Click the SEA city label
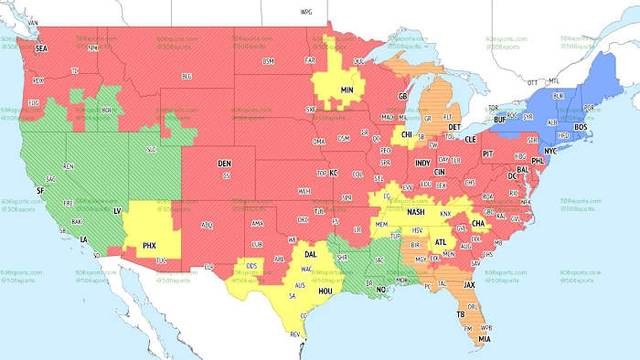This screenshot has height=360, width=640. (40, 48)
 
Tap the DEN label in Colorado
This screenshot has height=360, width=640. (225, 163)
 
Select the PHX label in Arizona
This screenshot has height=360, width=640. (150, 246)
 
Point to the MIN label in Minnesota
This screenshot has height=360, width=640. (347, 90)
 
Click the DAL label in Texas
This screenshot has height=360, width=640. (310, 254)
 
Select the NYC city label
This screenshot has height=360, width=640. (551, 149)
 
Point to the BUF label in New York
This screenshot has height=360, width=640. (499, 120)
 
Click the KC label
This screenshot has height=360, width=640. (335, 173)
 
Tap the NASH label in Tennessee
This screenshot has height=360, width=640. (416, 212)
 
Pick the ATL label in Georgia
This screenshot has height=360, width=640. (441, 242)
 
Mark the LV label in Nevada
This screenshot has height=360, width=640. (117, 210)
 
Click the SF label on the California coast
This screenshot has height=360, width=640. (40, 190)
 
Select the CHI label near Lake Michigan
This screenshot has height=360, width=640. (407, 134)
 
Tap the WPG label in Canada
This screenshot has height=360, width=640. (306, 14)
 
